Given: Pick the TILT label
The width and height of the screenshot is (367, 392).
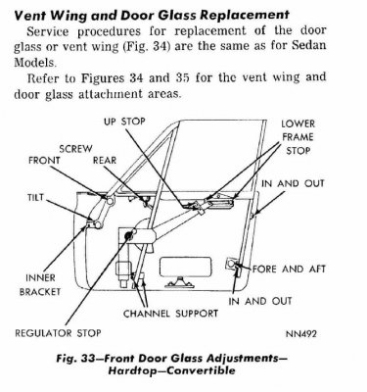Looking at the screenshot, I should tap(36, 196).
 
